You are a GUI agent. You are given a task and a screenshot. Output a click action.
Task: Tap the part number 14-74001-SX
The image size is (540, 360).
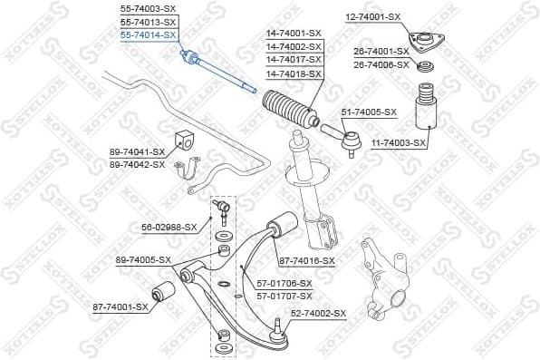pyautogui.click(x=294, y=34)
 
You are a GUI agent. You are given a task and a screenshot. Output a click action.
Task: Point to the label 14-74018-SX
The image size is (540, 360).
pyautogui.click(x=294, y=73)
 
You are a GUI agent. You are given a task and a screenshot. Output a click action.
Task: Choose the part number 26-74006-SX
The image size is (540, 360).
pyautogui.click(x=381, y=64)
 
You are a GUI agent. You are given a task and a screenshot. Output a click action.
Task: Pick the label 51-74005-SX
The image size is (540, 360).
pyautogui.click(x=369, y=112)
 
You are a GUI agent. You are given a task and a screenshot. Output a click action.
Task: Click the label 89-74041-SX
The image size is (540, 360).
pyautogui.click(x=137, y=152)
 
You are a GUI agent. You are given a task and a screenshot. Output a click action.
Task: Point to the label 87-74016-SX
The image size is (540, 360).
pyautogui.click(x=306, y=260)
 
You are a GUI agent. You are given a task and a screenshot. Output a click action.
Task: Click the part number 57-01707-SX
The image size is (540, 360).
pyautogui.click(x=284, y=295)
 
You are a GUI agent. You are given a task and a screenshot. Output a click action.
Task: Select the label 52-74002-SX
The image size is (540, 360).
pyautogui.click(x=318, y=313)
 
